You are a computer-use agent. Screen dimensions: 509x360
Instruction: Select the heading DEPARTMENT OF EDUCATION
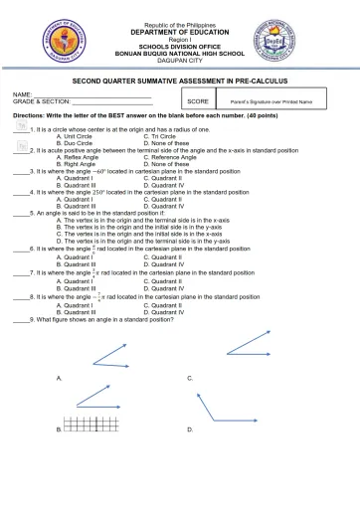(179, 33)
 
